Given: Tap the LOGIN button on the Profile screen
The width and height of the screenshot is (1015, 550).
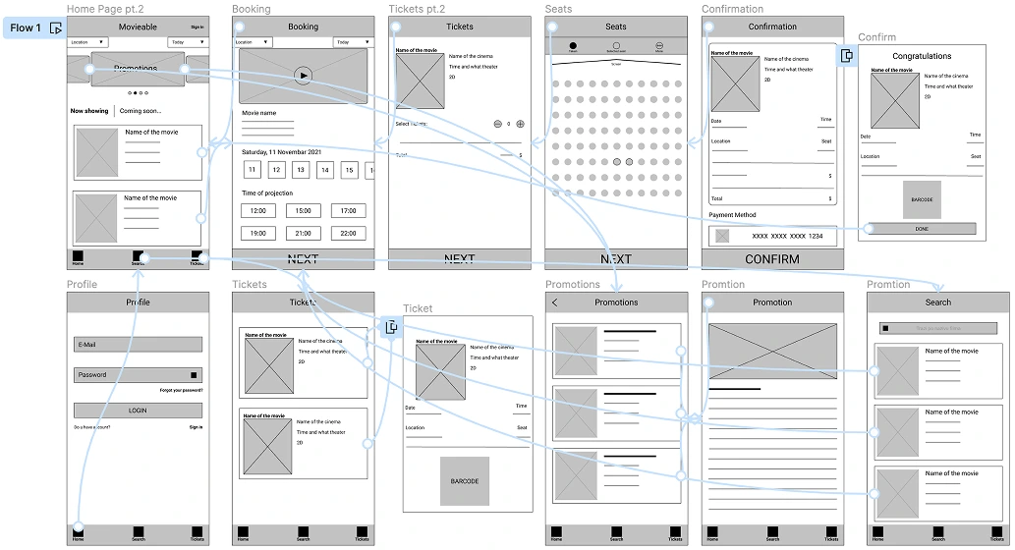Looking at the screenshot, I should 138,411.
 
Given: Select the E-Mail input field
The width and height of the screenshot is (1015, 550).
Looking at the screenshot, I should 138,345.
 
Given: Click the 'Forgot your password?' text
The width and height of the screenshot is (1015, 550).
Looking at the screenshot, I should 181,391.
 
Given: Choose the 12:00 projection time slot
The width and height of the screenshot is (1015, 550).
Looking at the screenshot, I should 257,211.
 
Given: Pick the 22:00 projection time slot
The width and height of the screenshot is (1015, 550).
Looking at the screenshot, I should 349,234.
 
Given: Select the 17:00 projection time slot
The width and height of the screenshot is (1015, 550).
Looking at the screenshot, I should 349,211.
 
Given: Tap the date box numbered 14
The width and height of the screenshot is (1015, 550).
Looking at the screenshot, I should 325,170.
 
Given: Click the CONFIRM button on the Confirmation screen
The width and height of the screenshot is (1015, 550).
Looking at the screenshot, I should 771,259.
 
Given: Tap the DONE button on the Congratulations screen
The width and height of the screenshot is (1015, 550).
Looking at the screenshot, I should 921,229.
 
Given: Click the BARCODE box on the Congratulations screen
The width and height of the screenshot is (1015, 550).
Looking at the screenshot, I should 922,199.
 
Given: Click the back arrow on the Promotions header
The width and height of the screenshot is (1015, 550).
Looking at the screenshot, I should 555,302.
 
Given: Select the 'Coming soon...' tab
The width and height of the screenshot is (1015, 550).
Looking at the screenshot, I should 141,111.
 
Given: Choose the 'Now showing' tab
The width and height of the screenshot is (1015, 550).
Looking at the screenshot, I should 89,111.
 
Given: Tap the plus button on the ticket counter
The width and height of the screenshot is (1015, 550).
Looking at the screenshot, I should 520,125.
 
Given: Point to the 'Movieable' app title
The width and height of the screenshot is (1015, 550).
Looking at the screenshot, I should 138,27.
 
